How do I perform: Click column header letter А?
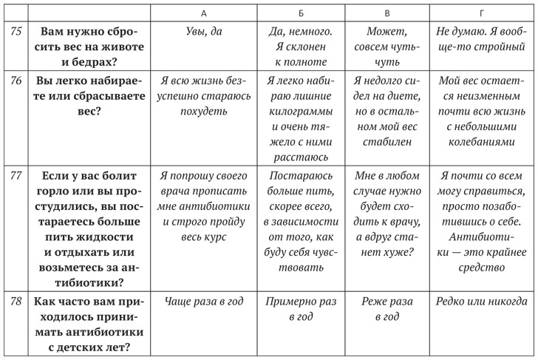click(202, 14)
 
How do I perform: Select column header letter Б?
click(299, 14)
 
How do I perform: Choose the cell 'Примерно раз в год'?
click(299, 309)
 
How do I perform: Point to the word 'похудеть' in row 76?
click(202, 112)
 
